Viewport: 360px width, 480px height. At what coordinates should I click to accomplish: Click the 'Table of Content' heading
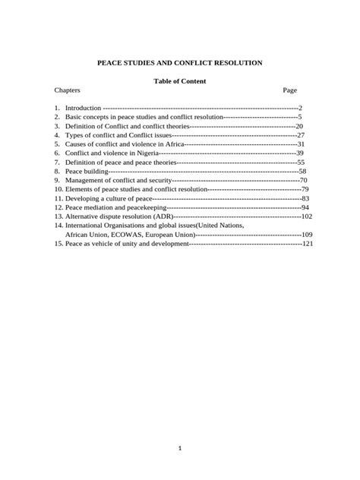click(180, 81)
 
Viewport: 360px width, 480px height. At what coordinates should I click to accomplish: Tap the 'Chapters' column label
click(68, 90)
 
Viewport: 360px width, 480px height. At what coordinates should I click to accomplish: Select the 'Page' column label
click(289, 90)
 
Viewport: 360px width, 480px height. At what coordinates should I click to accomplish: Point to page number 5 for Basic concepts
click(300, 118)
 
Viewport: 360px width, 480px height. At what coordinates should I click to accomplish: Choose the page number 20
click(299, 126)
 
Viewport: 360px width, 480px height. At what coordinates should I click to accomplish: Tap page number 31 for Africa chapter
click(301, 144)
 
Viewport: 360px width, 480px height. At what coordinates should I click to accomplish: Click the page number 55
click(301, 162)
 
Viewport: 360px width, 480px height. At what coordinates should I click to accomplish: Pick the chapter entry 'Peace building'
click(87, 172)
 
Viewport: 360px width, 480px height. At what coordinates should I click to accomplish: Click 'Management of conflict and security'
click(118, 180)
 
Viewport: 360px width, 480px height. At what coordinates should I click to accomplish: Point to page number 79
click(305, 189)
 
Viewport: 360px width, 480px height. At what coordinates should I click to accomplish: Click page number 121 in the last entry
click(308, 244)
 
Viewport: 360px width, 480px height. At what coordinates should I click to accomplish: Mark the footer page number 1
click(180, 448)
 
